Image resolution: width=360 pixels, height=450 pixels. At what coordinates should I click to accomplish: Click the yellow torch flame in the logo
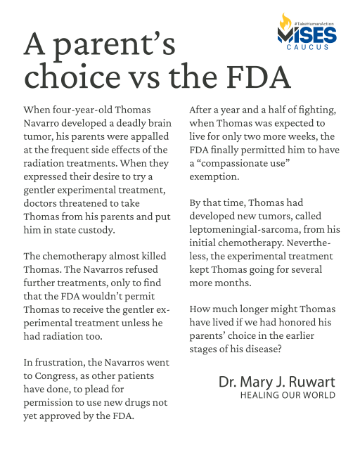[285, 24]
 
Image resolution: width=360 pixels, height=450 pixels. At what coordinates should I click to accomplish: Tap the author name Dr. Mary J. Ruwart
[276, 382]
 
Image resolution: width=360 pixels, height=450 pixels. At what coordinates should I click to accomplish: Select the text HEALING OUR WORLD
[288, 395]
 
